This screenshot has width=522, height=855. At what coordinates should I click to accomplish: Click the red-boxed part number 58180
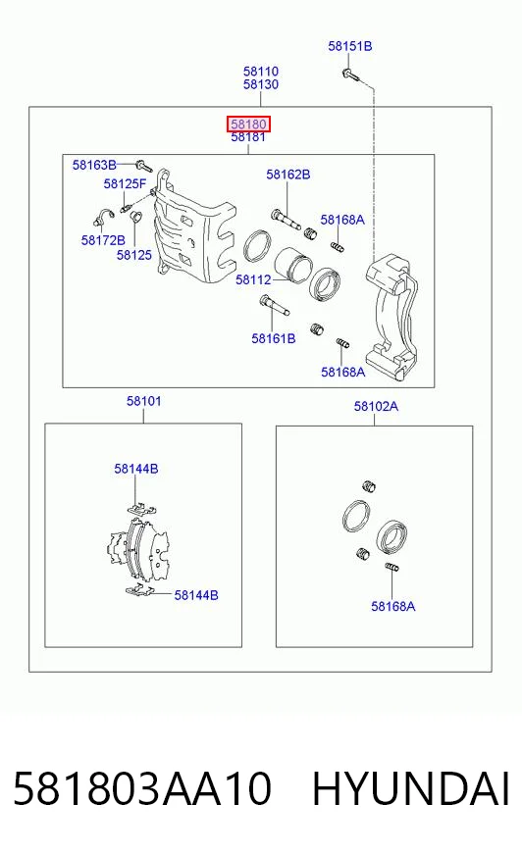pos(248,124)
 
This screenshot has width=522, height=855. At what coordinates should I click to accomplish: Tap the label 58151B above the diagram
pos(350,46)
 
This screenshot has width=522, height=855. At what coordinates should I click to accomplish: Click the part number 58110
pos(261,72)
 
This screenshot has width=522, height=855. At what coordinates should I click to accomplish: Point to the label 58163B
pos(94,165)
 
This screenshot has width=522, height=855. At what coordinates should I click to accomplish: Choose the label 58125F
pos(125,183)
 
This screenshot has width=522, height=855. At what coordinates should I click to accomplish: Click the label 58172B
pos(103,240)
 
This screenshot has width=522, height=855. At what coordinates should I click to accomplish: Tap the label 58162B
pos(288,175)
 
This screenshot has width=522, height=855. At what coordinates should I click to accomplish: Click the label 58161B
pos(274,338)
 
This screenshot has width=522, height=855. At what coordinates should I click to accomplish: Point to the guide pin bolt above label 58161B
pos(275,305)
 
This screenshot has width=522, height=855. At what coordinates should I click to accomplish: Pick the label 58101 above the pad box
pos(144,401)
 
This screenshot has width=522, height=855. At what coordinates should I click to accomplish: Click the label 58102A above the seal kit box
pos(376,406)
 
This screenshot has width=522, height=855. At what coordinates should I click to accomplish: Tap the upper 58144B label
pos(136,469)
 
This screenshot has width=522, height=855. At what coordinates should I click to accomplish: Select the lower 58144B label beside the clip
pos(196,595)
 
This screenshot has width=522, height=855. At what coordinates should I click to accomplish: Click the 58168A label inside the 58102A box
pos(393,606)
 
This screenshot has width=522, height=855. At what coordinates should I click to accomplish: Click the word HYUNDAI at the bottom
pos(411,789)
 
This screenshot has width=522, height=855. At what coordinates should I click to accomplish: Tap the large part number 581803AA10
pos(142,789)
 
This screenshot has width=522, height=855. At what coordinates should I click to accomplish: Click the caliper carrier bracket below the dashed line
pos(392,317)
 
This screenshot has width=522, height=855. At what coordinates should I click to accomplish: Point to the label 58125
pos(134,255)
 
